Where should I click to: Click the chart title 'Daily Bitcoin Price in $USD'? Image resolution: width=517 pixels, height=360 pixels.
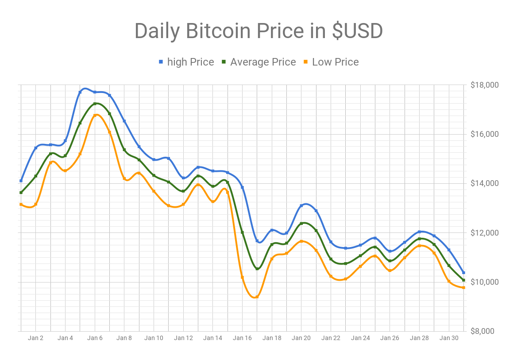click(x=258, y=31)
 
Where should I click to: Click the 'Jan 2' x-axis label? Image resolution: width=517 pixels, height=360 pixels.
click(x=35, y=338)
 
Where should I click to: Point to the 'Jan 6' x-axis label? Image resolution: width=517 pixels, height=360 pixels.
click(x=95, y=338)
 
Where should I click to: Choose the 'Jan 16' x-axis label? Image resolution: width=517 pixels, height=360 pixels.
click(x=242, y=338)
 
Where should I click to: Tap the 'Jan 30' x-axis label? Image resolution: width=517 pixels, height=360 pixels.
click(x=449, y=338)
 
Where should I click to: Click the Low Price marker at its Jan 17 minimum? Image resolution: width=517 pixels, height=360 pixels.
click(x=257, y=297)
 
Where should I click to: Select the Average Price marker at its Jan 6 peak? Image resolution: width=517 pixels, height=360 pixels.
click(x=95, y=104)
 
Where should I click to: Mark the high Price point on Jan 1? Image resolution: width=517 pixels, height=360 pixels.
click(x=21, y=181)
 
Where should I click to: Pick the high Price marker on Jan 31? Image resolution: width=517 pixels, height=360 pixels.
click(x=463, y=273)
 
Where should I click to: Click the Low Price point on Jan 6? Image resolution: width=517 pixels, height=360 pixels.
click(x=95, y=115)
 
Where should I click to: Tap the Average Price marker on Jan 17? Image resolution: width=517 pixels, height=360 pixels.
click(x=257, y=268)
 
